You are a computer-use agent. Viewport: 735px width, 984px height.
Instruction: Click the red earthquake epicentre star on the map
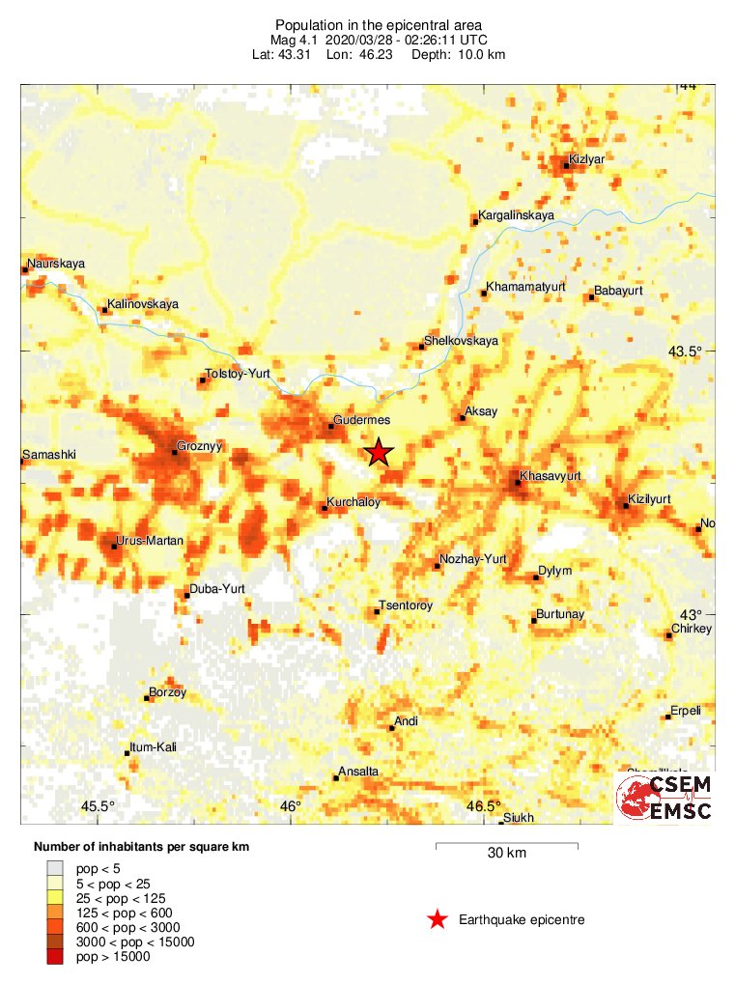pyautogui.click(x=380, y=451)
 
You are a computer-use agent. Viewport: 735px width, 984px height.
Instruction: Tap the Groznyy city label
pyautogui.click(x=199, y=448)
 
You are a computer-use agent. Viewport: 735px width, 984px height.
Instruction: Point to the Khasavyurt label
pyautogui.click(x=550, y=476)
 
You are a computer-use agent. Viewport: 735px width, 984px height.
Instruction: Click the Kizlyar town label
pyautogui.click(x=586, y=158)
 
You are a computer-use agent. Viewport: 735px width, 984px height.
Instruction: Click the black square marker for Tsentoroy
pyautogui.click(x=377, y=611)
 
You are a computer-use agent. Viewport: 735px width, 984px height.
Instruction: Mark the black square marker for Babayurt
pyautogui.click(x=591, y=296)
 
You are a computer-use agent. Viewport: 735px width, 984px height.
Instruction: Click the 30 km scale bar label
pyautogui.click(x=506, y=853)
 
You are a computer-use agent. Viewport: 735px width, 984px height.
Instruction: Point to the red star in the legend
pyautogui.click(x=438, y=919)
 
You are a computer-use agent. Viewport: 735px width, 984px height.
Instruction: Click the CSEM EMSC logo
pyautogui.click(x=664, y=798)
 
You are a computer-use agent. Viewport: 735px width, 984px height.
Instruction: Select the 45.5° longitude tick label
pyautogui.click(x=98, y=806)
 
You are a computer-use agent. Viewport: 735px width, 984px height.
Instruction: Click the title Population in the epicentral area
pyautogui.click(x=379, y=24)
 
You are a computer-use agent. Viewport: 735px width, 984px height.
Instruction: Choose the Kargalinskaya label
pyautogui.click(x=516, y=215)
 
